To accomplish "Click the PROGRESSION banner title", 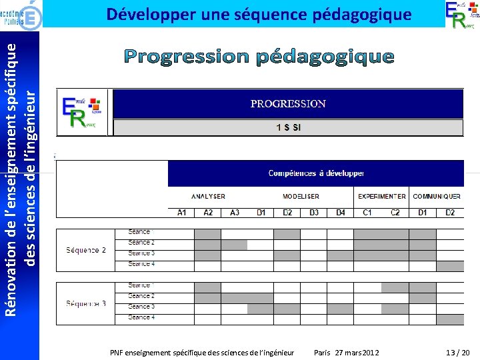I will click(x=288, y=103).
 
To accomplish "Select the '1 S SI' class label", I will click(x=288, y=127).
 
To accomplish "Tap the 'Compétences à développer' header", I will click(x=316, y=173).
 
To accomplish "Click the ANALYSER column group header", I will click(x=208, y=197).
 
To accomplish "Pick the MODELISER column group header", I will click(x=301, y=197).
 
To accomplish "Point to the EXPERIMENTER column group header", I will click(x=381, y=197).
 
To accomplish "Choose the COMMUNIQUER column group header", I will click(x=437, y=197).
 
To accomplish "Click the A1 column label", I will click(x=181, y=213).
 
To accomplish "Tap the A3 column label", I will click(x=234, y=213).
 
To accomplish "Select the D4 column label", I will click(x=340, y=213).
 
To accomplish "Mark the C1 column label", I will click(x=367, y=213).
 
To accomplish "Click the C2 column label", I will click(x=395, y=213).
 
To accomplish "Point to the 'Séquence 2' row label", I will click(x=86, y=250).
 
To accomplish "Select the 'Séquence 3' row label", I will click(x=86, y=304).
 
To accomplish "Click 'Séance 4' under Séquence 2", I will click(x=141, y=264).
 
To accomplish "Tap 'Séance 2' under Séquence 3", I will click(x=141, y=296).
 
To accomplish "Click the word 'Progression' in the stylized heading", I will click(x=185, y=57).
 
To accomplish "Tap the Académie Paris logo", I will click(x=21, y=13).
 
